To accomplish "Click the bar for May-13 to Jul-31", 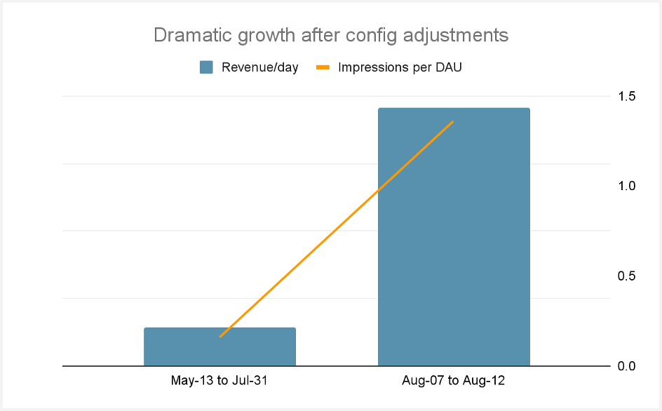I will click(219, 346).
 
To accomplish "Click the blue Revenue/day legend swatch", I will click(206, 68).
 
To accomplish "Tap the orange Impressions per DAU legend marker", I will click(323, 68).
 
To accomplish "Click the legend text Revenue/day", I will click(259, 68).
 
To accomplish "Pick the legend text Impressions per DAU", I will click(400, 68).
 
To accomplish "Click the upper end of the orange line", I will click(453, 121).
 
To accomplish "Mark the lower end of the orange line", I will click(220, 337).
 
